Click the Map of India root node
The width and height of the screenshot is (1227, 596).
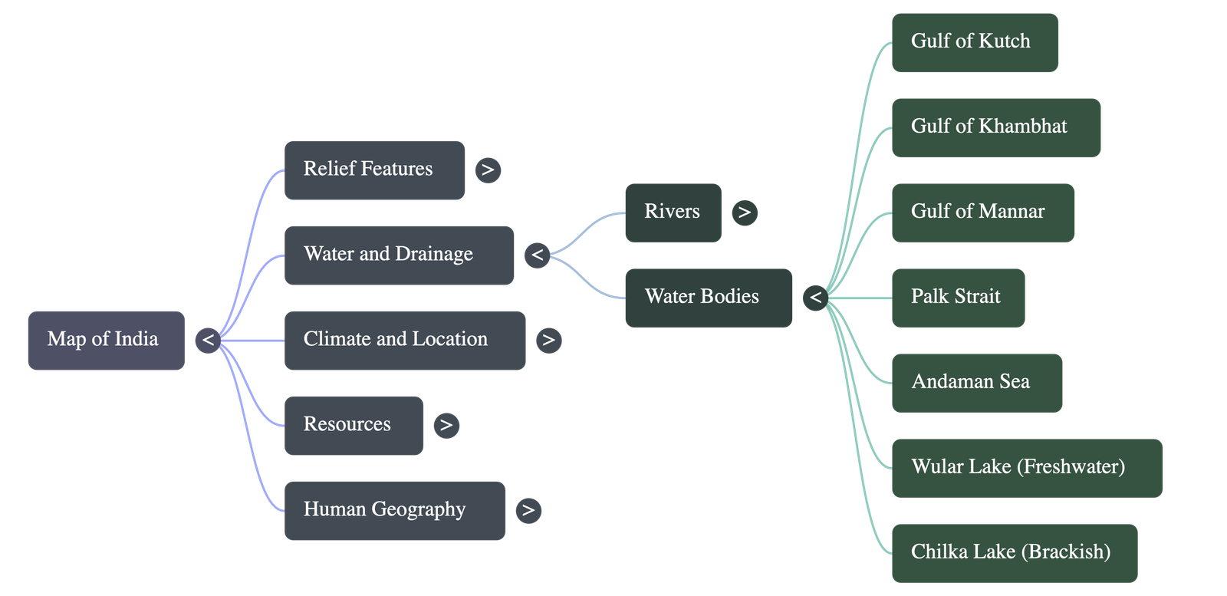[x=107, y=340]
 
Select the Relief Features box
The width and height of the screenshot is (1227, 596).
[x=375, y=170]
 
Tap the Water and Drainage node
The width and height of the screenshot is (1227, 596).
[x=400, y=255]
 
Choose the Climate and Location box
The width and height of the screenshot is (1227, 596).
[x=405, y=340]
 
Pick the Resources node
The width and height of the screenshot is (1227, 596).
[x=354, y=426]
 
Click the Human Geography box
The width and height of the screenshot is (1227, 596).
[x=395, y=511]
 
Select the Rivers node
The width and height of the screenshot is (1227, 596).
[x=673, y=212]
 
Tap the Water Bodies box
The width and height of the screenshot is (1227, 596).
[x=709, y=298]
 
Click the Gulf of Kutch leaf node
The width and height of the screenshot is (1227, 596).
[x=975, y=43]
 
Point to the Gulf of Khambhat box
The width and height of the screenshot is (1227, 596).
[x=996, y=127]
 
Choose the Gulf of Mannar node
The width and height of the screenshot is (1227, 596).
[x=983, y=212]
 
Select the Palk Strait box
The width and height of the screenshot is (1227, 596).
[x=959, y=298]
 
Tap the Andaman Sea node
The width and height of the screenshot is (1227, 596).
[x=977, y=383]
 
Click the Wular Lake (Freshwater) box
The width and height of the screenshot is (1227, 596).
[x=1027, y=469]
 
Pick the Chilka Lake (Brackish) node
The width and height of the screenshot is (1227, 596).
[x=1015, y=553]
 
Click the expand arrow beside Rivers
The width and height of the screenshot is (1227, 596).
[x=745, y=212]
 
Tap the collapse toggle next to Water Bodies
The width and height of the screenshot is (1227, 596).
[x=816, y=298]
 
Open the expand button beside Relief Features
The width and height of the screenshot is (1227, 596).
[x=488, y=170]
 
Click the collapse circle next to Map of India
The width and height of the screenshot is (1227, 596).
[x=208, y=341]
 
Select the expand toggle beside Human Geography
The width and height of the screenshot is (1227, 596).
[x=528, y=511]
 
